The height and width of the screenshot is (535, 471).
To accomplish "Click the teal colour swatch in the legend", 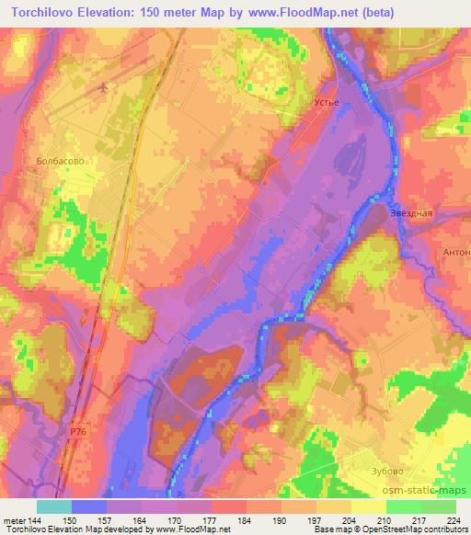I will (54, 507).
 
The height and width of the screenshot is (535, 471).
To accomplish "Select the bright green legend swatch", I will (403, 507).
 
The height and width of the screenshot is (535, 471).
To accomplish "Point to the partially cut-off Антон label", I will (455, 252).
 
